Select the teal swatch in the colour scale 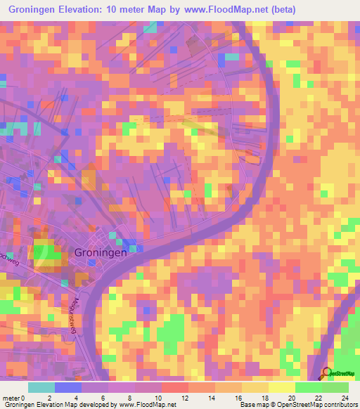[x=41, y=387]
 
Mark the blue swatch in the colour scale [x=68, y=387]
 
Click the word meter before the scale [x=12, y=398]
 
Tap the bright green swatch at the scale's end [x=335, y=387]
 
